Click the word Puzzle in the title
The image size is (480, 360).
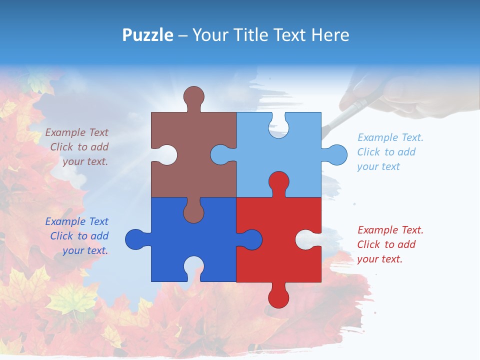pyautogui.click(x=148, y=35)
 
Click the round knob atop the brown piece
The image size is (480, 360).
pyautogui.click(x=193, y=96)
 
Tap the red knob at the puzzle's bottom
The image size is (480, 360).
pyautogui.click(x=278, y=297)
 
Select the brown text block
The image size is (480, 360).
pyautogui.click(x=78, y=147)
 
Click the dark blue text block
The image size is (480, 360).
pyautogui.click(x=78, y=236)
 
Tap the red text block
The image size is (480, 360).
pyautogui.click(x=389, y=244)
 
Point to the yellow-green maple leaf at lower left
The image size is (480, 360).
pyautogui.click(x=70, y=300)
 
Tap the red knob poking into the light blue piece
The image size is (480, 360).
pyautogui.click(x=278, y=182)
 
